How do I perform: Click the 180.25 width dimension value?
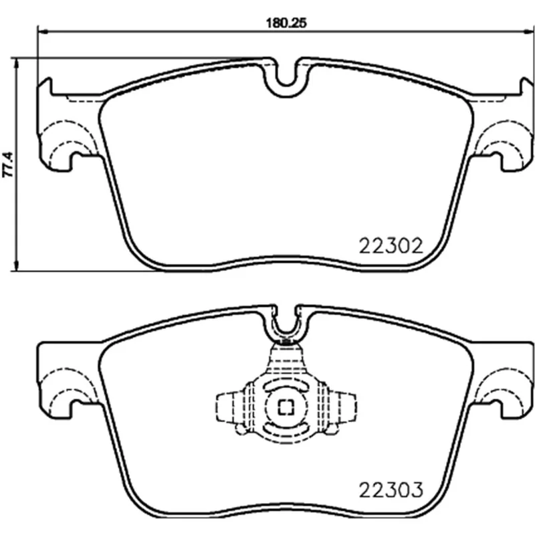tap(286, 23)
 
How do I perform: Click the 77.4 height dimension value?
tap(8, 164)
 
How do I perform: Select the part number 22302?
tap(391, 245)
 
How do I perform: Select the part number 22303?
tap(391, 490)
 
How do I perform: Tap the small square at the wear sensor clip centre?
tap(286, 407)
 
